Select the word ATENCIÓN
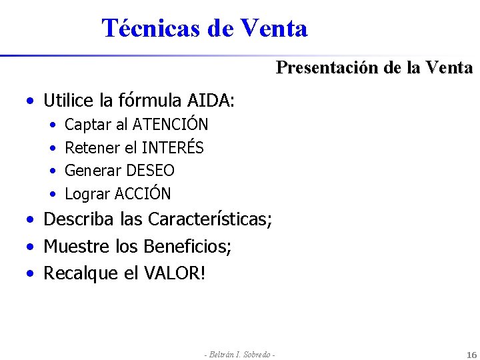[x=171, y=125]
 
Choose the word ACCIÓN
[x=143, y=194]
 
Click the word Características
[x=209, y=219]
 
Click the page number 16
[x=471, y=354]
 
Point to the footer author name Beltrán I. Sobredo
[x=240, y=354]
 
